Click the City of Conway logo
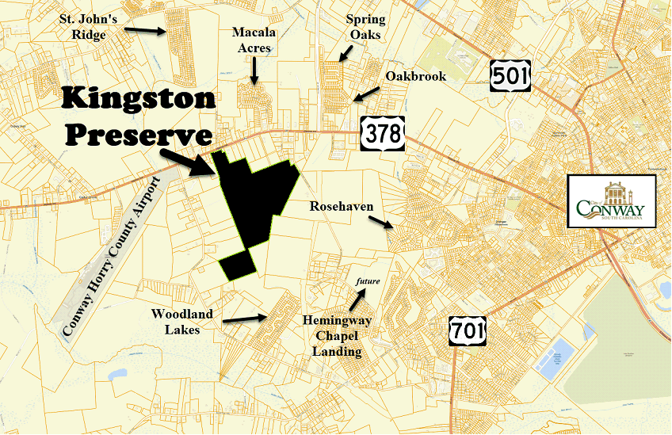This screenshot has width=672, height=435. point(611,202)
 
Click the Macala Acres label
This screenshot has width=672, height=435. point(252,40)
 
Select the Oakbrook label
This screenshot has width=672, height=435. point(415,77)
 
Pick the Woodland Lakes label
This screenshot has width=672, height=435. point(182,322)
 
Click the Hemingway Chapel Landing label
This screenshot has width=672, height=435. point(332,336)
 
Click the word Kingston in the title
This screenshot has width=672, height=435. point(139,99)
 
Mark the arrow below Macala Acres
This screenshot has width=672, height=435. point(254,71)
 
